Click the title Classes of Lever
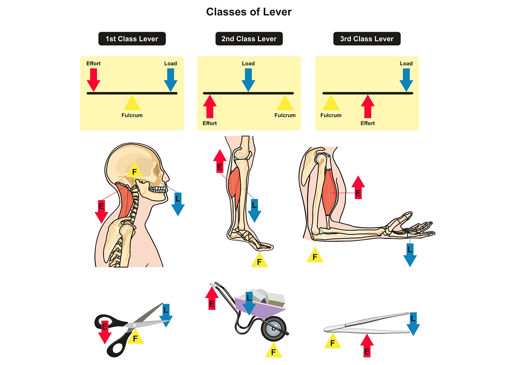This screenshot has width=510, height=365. [249, 12]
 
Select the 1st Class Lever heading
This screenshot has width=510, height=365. [132, 39]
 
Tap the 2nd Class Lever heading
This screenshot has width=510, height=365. [249, 39]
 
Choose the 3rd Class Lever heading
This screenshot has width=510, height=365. [367, 39]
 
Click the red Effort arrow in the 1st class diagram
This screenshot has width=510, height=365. [93, 79]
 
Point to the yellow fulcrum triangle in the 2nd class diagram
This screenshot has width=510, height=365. [285, 103]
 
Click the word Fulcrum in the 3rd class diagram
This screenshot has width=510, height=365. [331, 115]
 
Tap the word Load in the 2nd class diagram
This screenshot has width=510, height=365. [248, 64]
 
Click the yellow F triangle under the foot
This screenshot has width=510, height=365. [260, 261]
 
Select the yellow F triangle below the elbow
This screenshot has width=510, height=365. [315, 255]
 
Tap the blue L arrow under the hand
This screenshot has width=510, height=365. [410, 254]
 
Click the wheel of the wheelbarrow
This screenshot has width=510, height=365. [274, 329]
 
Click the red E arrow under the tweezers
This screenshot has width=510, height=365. [367, 346]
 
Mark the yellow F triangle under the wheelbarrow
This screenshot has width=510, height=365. [273, 351]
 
